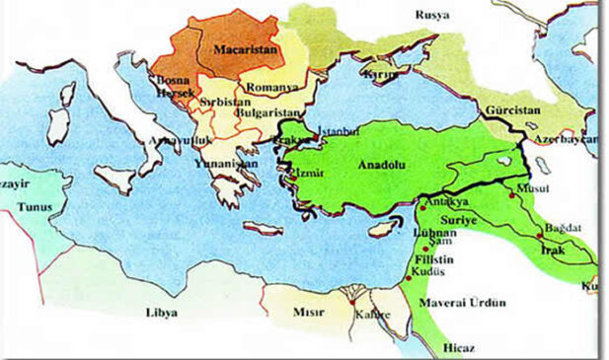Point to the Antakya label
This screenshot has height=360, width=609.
click(442, 203)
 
